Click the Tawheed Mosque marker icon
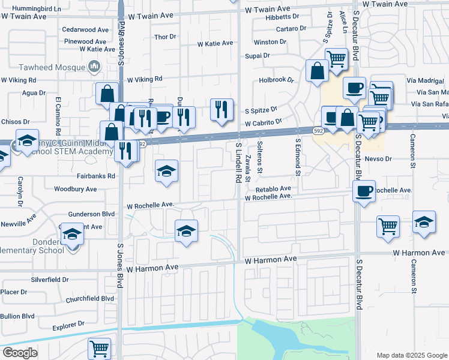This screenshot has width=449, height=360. [x=94, y=66]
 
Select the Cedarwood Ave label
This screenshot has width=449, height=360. [x=85, y=29]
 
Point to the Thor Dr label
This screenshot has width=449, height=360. [x=164, y=37]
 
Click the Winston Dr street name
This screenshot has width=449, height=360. [x=270, y=42]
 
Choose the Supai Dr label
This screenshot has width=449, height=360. [x=257, y=56]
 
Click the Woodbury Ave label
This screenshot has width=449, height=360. [x=76, y=189]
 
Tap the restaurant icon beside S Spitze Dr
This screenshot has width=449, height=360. [x=221, y=109]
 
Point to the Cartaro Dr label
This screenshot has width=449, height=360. [x=291, y=29]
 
